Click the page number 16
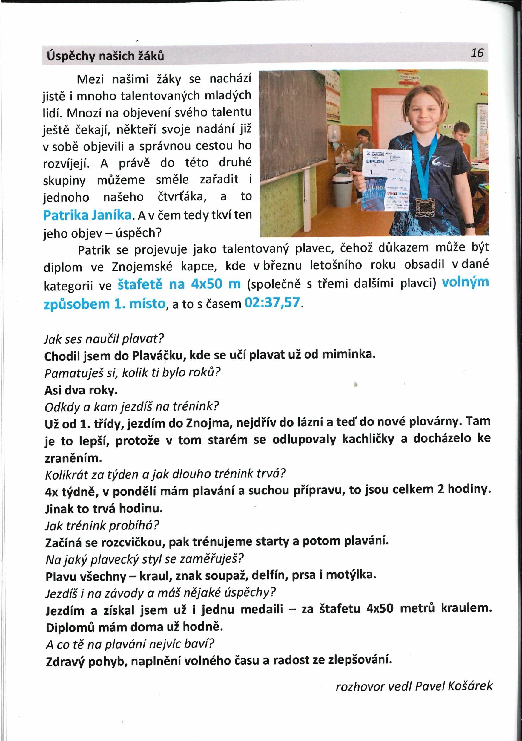point(477,53)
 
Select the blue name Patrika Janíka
point(87,215)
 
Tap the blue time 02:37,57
point(272,303)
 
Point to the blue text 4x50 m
point(216,284)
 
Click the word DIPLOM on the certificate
point(375,161)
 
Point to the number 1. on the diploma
point(373,173)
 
